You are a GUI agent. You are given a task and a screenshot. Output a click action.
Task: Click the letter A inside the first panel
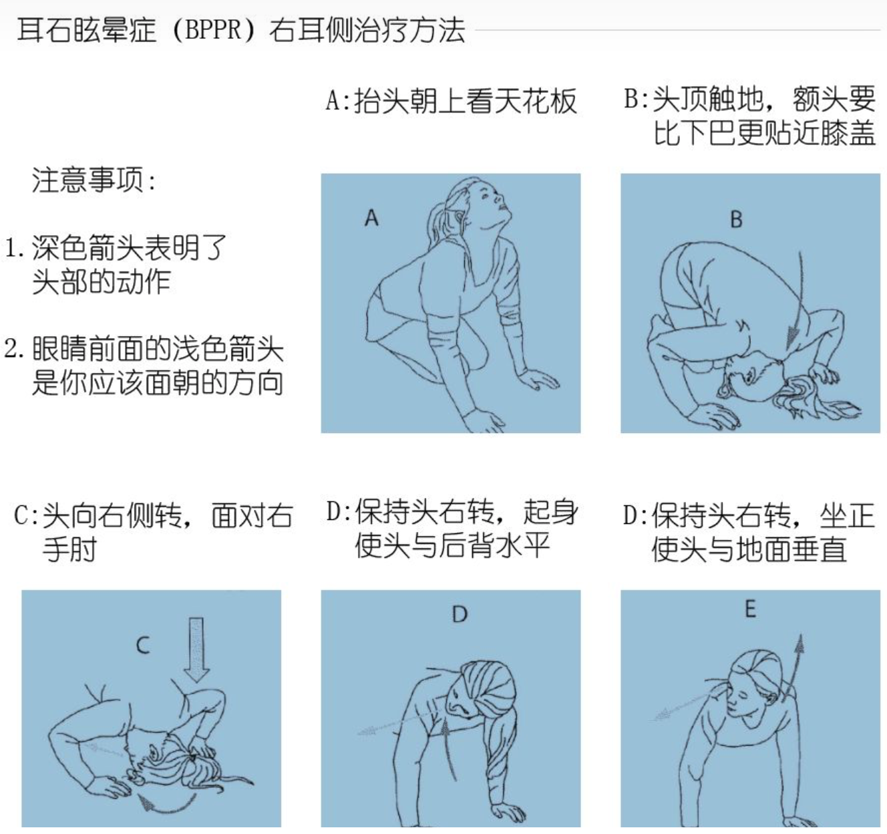point(371,218)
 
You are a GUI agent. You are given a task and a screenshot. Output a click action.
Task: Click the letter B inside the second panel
point(736,219)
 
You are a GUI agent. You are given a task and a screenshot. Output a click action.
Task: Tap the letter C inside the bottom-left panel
point(143,646)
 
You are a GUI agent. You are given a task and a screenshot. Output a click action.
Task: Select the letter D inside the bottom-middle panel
point(460,614)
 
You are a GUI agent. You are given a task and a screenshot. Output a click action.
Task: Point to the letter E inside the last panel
point(750,609)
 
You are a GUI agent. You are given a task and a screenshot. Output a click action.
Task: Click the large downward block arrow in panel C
point(196,648)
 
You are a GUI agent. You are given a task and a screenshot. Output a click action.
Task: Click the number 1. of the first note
point(15,249)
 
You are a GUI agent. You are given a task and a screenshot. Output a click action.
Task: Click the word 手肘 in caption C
point(69,549)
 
